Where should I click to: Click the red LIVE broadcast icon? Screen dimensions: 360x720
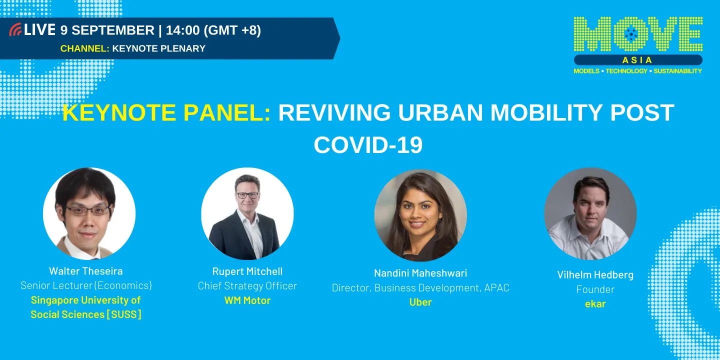tap(15, 30)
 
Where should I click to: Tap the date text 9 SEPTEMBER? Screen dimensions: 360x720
tap(107, 30)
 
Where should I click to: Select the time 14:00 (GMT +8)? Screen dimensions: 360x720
tap(213, 30)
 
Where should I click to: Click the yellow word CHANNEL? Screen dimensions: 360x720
tap(84, 48)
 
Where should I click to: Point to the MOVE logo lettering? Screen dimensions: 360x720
tap(638, 34)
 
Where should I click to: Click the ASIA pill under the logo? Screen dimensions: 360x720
tap(637, 60)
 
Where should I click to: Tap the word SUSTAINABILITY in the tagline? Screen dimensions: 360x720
tap(677, 71)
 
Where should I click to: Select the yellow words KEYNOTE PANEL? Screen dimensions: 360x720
tap(166, 113)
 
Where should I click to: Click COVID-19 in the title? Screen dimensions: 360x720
tap(368, 145)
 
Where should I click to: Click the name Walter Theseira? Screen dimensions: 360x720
tap(85, 271)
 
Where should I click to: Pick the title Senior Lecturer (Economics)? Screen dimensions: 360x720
tap(86, 285)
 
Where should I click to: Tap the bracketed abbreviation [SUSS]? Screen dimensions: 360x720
tap(123, 314)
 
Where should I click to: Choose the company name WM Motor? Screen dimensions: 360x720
tap(247, 300)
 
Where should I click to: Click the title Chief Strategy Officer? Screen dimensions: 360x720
tap(247, 286)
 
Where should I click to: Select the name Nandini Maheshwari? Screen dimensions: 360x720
tap(420, 273)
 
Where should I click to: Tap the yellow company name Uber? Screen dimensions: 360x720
tap(420, 302)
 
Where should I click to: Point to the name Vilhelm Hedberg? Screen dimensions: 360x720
tap(595, 274)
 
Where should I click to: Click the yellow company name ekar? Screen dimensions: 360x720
tap(595, 303)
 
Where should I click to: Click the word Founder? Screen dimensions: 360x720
tap(595, 289)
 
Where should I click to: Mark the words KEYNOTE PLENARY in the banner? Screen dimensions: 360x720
tap(158, 48)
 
